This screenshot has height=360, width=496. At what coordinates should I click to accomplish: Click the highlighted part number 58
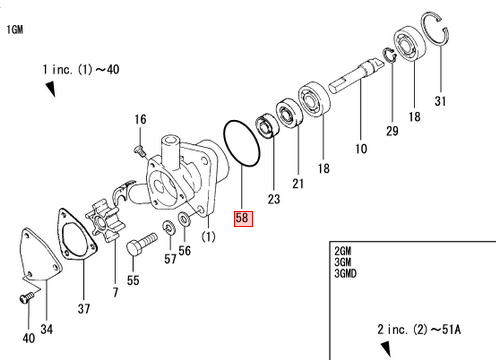point(243,219)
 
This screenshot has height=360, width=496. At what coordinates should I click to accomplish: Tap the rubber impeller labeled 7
point(105,220)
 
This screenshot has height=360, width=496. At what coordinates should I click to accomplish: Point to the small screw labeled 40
point(27,297)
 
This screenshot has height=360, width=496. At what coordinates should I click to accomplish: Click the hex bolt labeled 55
point(141,244)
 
